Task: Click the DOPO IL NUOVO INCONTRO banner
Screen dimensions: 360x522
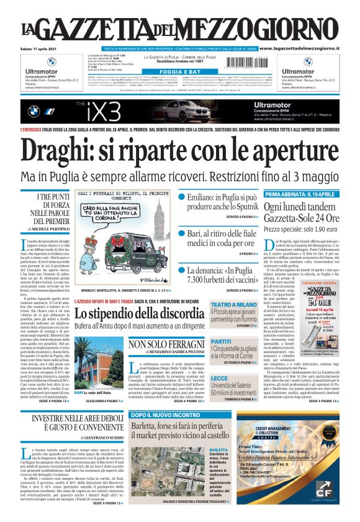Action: coord(165,415)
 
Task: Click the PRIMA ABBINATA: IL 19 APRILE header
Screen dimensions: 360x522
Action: coord(299,194)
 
